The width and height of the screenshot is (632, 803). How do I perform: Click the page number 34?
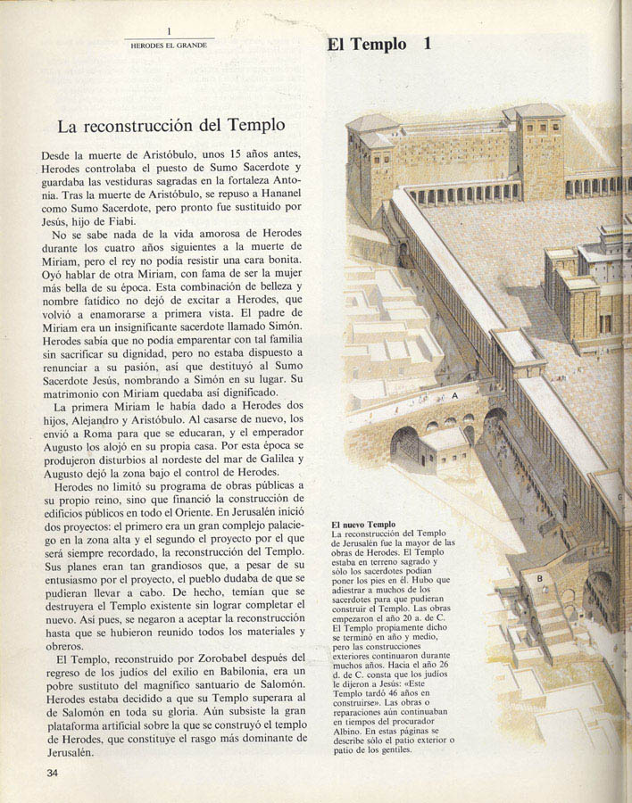(53, 773)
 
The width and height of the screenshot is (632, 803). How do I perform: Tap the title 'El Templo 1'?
(379, 44)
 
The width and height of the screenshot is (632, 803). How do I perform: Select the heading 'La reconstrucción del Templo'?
(171, 126)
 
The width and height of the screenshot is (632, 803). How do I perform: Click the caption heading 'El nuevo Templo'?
(364, 525)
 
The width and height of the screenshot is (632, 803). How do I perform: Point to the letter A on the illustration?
(454, 394)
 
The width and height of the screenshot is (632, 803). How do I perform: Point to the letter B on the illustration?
(540, 578)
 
